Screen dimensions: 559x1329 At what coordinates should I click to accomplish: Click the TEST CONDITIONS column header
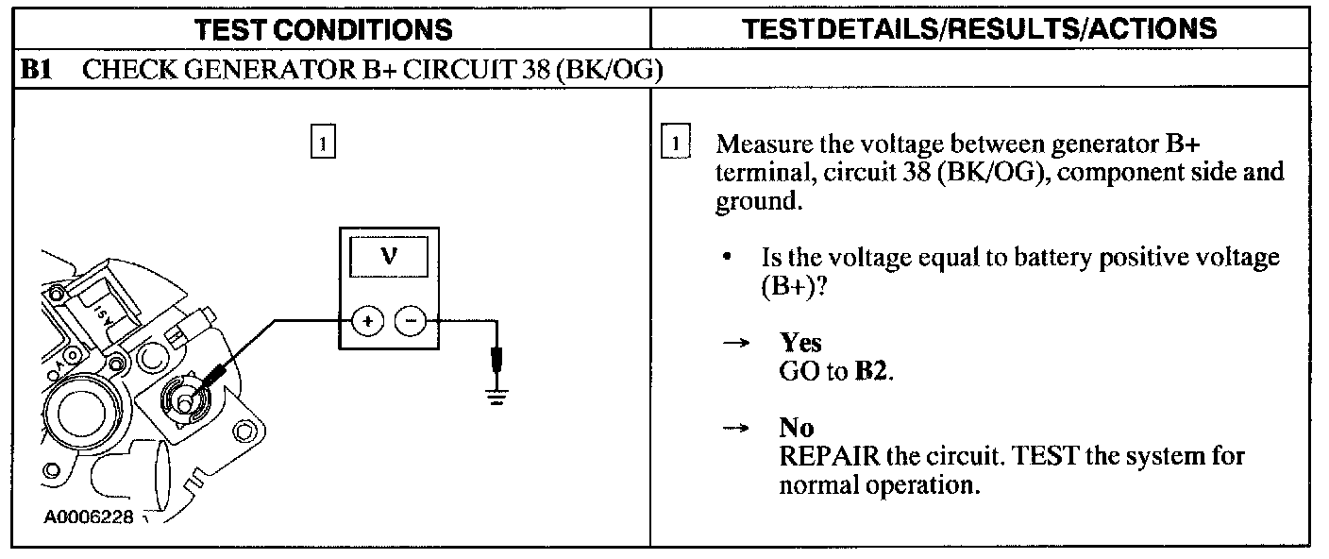pyautogui.click(x=323, y=29)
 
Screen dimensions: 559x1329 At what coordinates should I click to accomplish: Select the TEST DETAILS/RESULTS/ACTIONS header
pyautogui.click(x=980, y=29)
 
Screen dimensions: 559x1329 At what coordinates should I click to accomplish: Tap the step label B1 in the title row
pyautogui.click(x=37, y=72)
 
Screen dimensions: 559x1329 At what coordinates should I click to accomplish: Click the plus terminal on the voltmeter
pyautogui.click(x=366, y=321)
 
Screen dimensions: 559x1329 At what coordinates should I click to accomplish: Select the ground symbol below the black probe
pyautogui.click(x=495, y=394)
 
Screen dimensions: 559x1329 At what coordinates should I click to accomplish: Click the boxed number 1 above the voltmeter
pyautogui.click(x=323, y=144)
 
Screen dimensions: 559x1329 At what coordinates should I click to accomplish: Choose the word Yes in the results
pyautogui.click(x=800, y=344)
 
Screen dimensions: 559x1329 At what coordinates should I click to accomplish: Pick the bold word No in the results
pyautogui.click(x=796, y=430)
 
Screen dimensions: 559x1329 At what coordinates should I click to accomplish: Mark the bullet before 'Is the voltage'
pyautogui.click(x=728, y=257)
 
